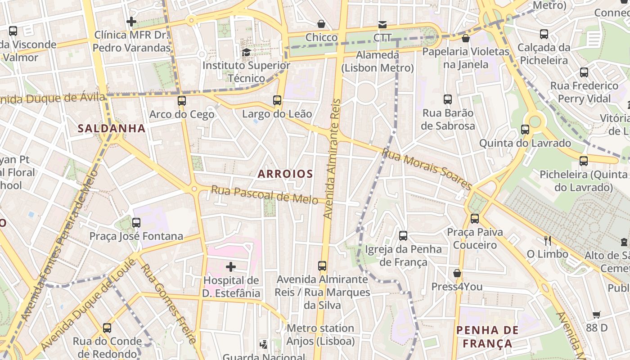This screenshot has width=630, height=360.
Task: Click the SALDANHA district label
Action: [x=112, y=129]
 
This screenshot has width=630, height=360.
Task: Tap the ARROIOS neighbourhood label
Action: [x=285, y=174]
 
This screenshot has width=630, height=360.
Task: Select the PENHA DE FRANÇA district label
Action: [x=487, y=337]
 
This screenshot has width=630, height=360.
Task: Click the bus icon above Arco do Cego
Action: [x=182, y=101]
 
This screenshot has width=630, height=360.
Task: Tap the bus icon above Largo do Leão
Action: [x=277, y=100]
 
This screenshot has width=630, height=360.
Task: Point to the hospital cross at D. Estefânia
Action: [x=231, y=267]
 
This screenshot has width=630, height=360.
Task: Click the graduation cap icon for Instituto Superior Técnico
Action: [x=246, y=53]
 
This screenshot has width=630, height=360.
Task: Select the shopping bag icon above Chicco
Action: [x=321, y=24]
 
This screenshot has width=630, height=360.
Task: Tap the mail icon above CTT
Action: [x=382, y=24]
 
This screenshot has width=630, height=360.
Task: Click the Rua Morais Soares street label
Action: [x=426, y=169]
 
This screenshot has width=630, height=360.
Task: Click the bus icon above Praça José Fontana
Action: [x=136, y=222]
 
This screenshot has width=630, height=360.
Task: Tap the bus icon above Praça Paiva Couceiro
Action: [x=475, y=219]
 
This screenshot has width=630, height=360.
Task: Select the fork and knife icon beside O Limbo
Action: [x=548, y=241]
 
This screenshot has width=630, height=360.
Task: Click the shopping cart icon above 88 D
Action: [x=597, y=315]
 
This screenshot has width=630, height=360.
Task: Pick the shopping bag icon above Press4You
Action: [x=457, y=273]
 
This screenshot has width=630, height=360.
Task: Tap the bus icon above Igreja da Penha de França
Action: [x=403, y=235]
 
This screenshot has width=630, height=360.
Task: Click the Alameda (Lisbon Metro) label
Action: [x=377, y=62]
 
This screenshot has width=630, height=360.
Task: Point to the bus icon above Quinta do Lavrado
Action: [x=525, y=130]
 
